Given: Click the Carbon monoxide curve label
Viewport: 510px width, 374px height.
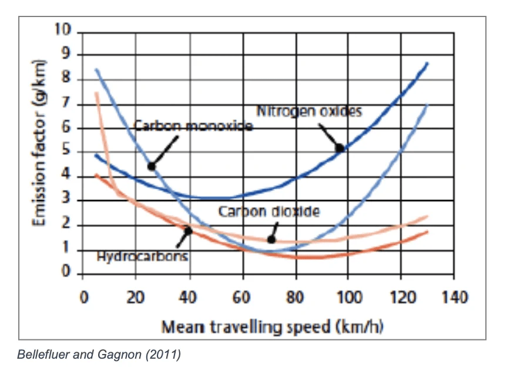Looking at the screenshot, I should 193,126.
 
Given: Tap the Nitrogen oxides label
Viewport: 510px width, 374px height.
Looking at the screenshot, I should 309,111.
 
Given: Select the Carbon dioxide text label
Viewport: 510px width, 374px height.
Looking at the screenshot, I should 269,211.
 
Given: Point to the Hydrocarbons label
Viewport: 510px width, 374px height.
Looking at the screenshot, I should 143,256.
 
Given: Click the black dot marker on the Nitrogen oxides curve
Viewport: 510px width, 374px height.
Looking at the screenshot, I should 340,148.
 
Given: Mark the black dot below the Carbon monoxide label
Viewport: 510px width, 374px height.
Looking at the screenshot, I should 152,166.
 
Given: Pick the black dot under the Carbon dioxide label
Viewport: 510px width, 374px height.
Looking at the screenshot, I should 271,239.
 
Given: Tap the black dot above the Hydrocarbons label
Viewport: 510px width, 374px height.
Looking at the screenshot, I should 188,230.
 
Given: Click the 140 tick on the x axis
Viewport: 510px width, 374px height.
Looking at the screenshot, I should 454,297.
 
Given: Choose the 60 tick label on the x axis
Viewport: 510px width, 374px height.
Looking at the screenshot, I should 241,297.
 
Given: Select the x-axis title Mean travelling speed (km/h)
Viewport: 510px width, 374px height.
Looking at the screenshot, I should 273,326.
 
